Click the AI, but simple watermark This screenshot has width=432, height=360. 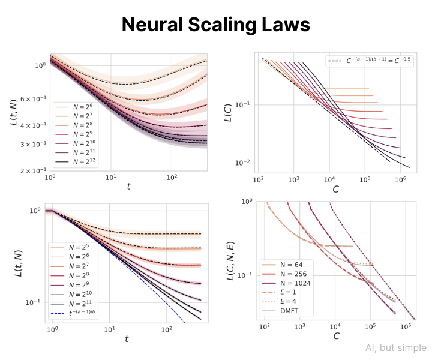[395, 348]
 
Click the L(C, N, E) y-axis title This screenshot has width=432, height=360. [230, 259]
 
